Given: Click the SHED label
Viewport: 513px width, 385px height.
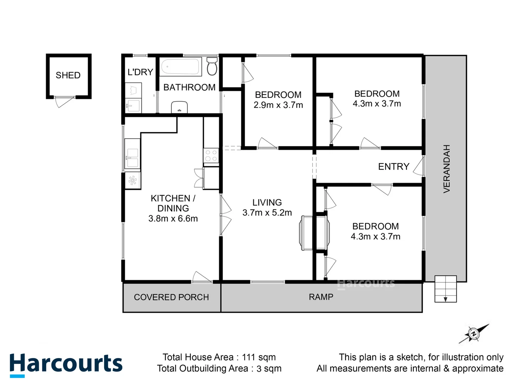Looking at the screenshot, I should click(68, 75).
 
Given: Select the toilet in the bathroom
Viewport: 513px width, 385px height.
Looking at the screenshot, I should click(212, 66).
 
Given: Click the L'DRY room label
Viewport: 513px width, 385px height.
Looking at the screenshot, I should click(140, 72).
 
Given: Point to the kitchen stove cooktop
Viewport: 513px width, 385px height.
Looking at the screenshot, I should click(211, 156).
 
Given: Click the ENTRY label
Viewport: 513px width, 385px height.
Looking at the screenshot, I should click(394, 166).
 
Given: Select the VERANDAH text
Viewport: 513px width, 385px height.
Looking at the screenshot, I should click(446, 169).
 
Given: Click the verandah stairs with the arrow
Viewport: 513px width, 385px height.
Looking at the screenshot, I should click(445, 289).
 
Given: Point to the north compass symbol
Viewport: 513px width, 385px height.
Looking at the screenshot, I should click(474, 334).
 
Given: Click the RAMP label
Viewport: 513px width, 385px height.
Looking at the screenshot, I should click(321, 297).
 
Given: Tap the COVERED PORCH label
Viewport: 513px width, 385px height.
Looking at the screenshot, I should click(171, 297).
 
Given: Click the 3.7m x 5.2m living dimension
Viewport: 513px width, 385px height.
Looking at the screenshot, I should click(267, 213).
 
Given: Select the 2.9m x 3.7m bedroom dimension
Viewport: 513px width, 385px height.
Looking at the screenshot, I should click(278, 105).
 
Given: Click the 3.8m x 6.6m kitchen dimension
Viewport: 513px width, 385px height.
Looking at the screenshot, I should click(173, 219).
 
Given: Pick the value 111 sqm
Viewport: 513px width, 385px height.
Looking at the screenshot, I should click(259, 357).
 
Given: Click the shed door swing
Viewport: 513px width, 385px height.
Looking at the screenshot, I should click(64, 102).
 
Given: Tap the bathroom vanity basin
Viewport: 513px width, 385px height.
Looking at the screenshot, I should click(180, 107).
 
